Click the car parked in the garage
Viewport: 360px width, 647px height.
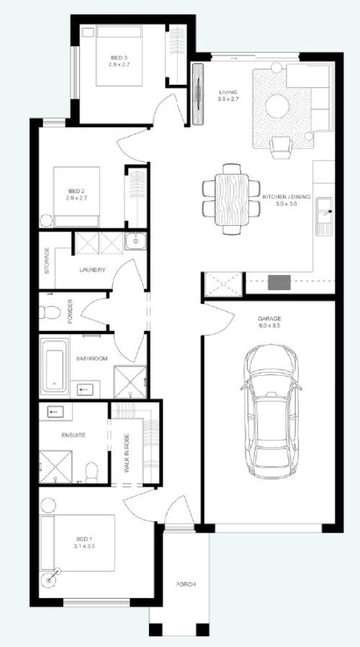point(271,410)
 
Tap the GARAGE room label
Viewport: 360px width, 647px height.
point(269,319)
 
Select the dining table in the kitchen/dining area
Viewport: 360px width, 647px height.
point(232,199)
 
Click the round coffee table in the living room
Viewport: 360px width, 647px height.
point(277,106)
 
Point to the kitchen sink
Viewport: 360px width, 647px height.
point(324,217)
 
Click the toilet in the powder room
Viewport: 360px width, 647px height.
point(50,312)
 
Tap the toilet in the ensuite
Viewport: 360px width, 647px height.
point(91,473)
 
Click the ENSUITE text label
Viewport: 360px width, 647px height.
point(73,435)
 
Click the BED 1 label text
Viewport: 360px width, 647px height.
point(83,539)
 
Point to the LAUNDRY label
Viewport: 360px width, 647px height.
point(92,270)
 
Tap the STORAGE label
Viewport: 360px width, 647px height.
point(47,261)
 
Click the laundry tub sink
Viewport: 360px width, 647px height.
point(135,241)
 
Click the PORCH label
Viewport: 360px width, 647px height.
point(186,584)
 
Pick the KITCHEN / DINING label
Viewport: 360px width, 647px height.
point(286,196)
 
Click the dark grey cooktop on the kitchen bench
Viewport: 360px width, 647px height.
point(279,282)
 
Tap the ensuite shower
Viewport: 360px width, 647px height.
point(55,466)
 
